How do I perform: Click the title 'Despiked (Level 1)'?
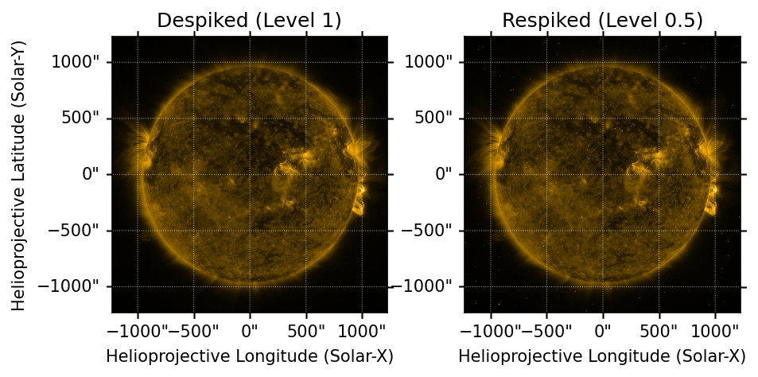(x=249, y=21)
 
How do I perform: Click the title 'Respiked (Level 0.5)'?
(x=602, y=21)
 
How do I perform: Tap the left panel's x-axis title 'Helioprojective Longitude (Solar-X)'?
(x=249, y=356)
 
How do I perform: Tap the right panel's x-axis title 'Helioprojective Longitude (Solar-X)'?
(x=602, y=356)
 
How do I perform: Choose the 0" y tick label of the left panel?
(x=95, y=174)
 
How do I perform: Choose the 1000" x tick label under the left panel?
(x=362, y=328)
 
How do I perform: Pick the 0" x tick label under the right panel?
(x=603, y=328)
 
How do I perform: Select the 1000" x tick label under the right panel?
(x=715, y=328)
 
